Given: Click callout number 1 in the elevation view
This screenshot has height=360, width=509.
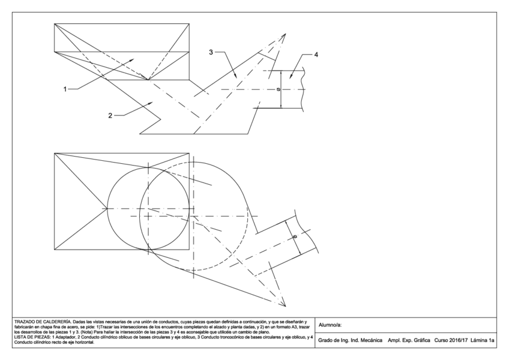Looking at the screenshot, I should [65, 89].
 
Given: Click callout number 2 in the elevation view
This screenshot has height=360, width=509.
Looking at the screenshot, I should [110, 116].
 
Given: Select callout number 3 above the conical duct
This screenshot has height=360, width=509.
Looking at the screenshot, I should [211, 53].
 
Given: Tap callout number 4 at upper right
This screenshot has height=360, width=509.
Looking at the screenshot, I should [316, 55].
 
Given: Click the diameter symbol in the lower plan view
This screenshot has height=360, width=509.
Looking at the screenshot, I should [295, 237].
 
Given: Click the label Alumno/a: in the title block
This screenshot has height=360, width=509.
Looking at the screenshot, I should [331, 325].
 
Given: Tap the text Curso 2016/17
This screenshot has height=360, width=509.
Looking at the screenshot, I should [450, 340].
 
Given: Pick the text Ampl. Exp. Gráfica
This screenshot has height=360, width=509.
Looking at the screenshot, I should [409, 340].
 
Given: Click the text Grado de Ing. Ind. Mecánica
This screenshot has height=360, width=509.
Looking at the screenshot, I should [350, 340].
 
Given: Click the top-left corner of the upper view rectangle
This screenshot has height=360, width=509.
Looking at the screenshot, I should [55, 24].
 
